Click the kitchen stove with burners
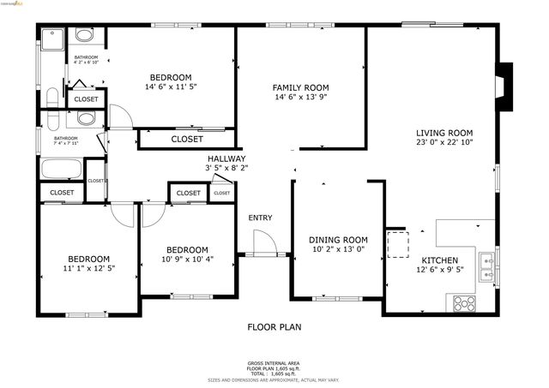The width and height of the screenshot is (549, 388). pos(465,302)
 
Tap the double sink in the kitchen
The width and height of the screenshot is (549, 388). pos(486,265)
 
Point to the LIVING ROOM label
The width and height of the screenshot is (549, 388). pos(444,133)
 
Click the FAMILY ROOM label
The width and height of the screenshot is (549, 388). pos(300,87)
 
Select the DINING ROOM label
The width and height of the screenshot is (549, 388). pos(338,240)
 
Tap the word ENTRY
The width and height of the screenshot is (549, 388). pos(260,218)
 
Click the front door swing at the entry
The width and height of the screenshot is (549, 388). pos(263,245)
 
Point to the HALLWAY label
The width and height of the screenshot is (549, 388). pos(226,158)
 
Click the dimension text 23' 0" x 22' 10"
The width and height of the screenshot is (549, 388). pos(444,143)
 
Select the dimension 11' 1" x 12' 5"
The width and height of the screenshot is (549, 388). pos(88,269)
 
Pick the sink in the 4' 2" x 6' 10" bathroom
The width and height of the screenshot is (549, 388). pos(85,36)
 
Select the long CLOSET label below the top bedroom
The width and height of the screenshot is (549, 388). pos(187,139)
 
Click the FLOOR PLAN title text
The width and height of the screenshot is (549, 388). pos(274,326)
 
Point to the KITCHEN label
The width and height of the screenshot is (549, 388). pos(438,260)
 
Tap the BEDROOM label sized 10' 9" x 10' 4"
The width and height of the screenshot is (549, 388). pos(187,250)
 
